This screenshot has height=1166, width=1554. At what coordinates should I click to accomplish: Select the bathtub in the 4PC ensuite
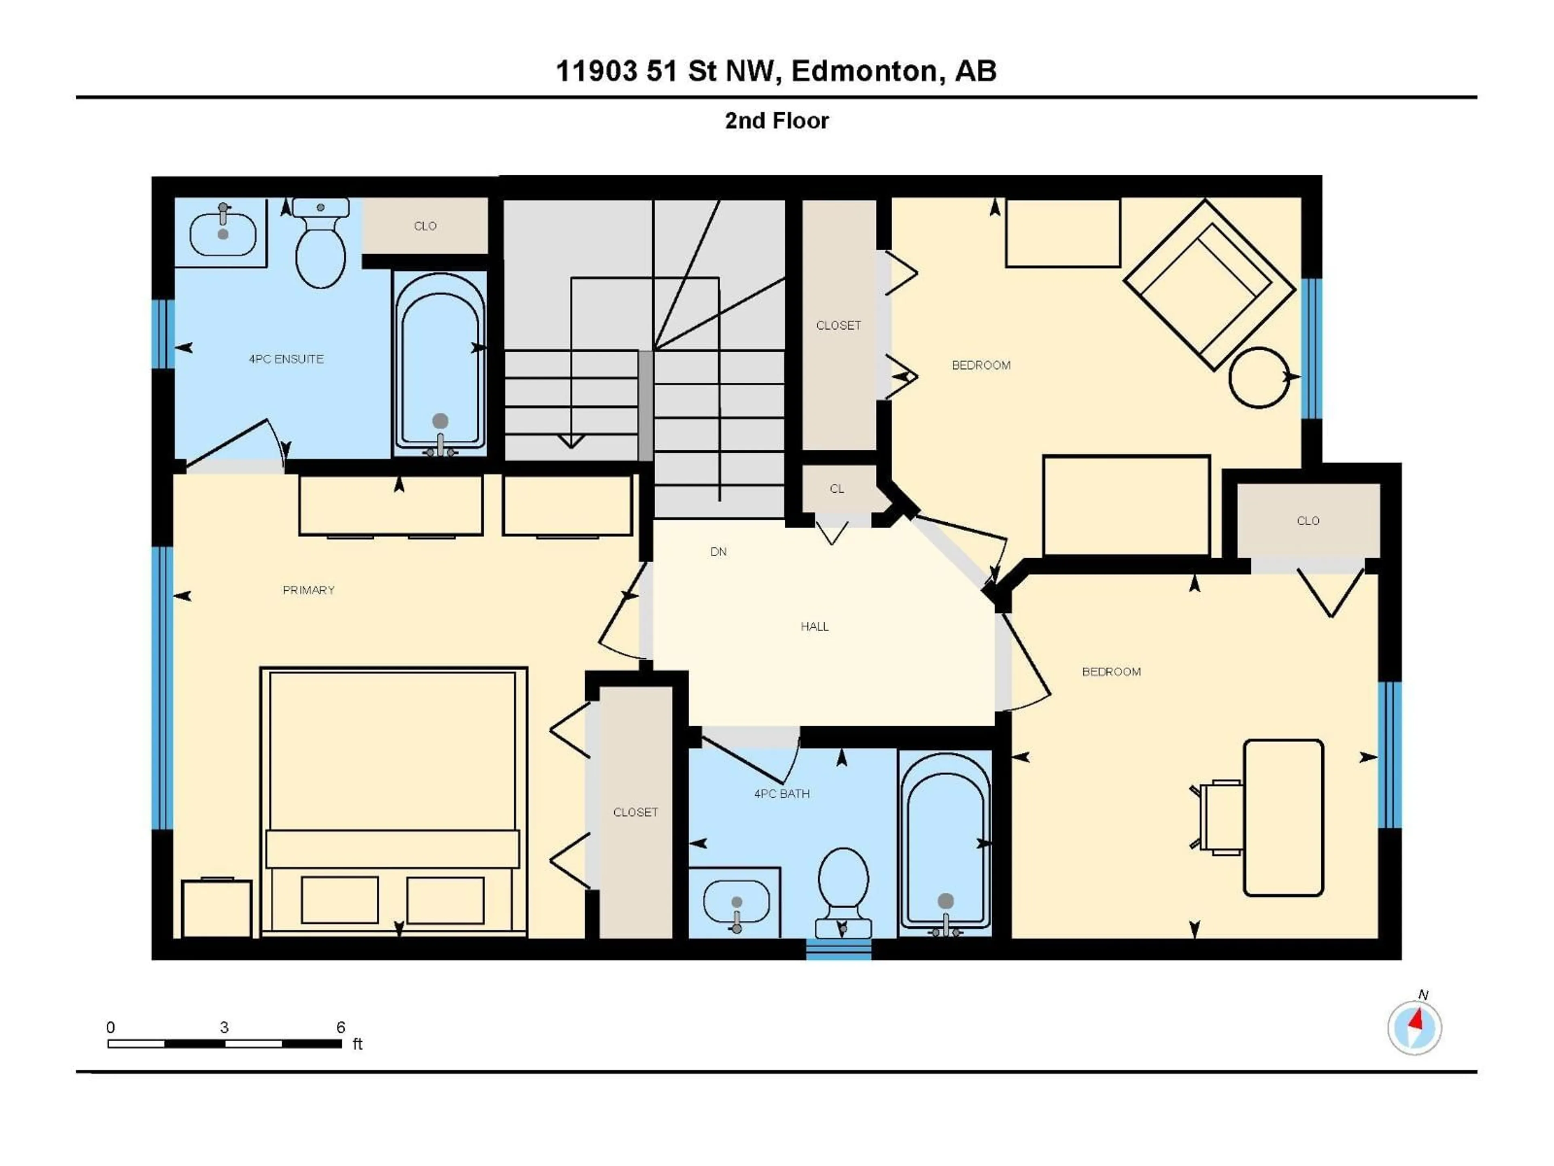coord(440,362)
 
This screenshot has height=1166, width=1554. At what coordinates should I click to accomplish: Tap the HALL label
coord(814,626)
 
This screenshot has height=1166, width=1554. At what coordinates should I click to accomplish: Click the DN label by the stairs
coord(718,552)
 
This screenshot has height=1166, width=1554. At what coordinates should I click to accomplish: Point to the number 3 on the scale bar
coord(224,1028)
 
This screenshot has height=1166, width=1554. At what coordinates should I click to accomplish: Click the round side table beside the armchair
coord(1259,377)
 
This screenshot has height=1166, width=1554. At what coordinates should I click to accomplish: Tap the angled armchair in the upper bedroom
coord(1209,285)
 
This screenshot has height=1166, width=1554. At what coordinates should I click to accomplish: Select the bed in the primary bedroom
coord(393,801)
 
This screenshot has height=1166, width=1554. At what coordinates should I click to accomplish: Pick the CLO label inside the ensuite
coord(425,226)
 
